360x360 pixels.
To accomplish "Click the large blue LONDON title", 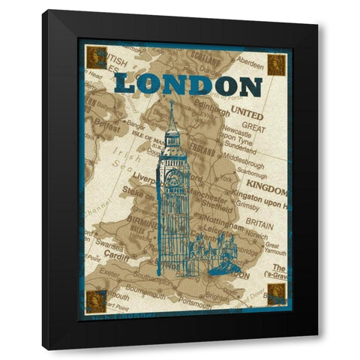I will click(x=188, y=85).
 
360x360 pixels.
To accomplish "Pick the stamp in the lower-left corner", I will click(x=96, y=301).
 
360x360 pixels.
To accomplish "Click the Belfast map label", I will click(x=105, y=128).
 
